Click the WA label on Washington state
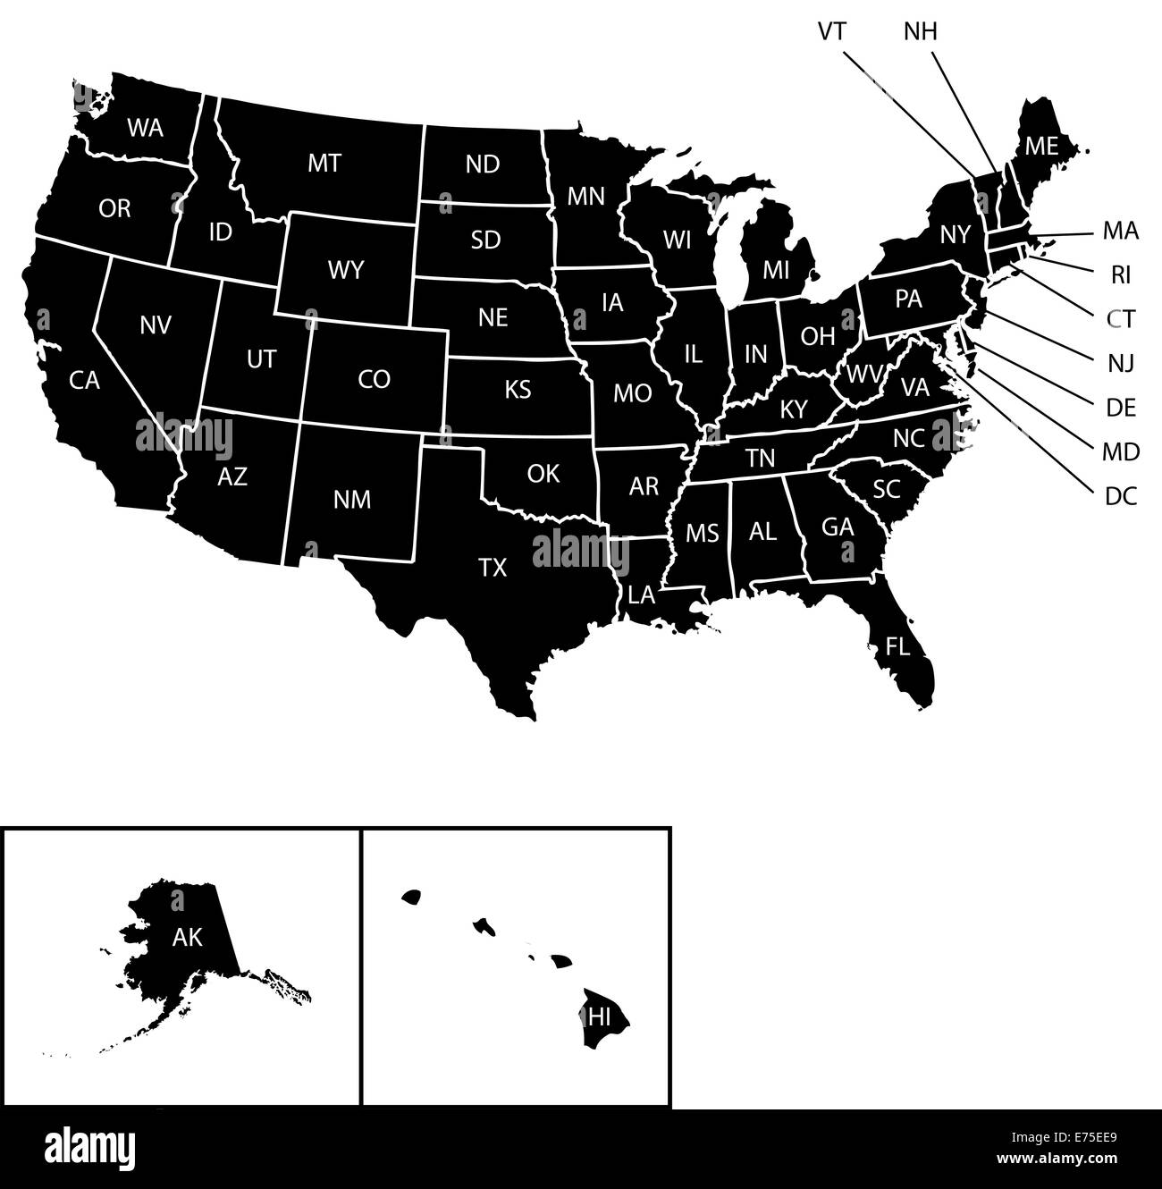point(145,128)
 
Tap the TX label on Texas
point(493,567)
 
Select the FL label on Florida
point(897,646)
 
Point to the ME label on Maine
point(1041,146)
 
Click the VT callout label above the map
point(832,31)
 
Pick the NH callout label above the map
point(921,31)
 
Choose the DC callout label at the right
point(1121,496)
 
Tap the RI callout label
point(1121,275)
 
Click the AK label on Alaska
point(188,937)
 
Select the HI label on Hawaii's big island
point(599,1016)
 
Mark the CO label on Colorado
point(374,380)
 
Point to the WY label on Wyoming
point(346,269)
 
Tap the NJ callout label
point(1121,363)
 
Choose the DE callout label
point(1121,408)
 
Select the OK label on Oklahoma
point(543,473)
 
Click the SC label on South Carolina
point(886,488)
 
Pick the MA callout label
point(1121,232)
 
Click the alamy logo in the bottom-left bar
point(89,1147)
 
